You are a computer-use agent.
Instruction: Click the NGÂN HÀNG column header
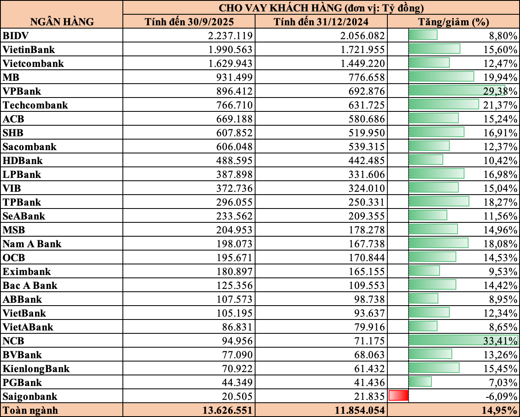(62, 22)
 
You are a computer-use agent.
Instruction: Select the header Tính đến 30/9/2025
(189, 22)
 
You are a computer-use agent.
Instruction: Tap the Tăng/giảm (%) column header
(453, 22)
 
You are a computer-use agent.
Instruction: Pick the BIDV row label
(16, 36)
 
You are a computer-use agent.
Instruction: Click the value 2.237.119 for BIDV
(230, 36)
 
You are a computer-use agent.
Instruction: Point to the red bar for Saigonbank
(398, 396)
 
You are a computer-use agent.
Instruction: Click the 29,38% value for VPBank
(500, 91)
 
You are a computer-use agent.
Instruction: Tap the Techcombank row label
(36, 105)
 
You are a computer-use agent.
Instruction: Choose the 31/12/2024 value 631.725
(367, 105)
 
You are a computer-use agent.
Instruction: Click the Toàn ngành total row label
(31, 410)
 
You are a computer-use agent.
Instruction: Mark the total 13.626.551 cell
(227, 410)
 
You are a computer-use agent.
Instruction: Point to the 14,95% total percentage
(500, 410)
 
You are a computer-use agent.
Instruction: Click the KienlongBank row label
(36, 369)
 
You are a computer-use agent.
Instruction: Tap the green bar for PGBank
(420, 382)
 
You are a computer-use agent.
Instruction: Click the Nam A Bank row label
(32, 244)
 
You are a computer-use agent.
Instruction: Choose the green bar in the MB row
(441, 77)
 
